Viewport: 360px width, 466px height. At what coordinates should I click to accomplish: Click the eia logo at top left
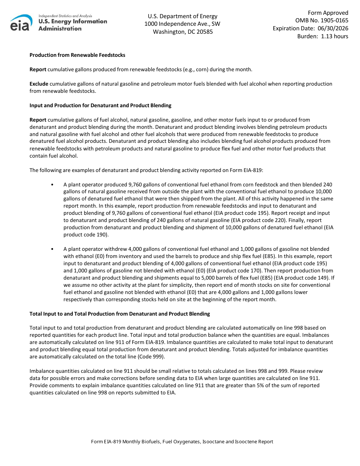tap(21, 23)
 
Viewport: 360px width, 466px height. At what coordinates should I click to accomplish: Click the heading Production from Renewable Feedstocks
tap(77, 55)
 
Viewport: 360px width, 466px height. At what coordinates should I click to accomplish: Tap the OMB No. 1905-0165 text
tap(322, 20)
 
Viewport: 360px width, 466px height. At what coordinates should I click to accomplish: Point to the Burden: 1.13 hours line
tap(322, 36)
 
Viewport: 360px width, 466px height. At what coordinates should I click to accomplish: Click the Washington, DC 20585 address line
tap(183, 32)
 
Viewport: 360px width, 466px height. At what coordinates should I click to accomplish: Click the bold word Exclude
tap(39, 84)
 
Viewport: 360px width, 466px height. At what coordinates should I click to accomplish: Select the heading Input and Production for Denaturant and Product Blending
tap(100, 105)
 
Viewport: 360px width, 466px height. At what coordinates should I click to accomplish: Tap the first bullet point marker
tap(52, 185)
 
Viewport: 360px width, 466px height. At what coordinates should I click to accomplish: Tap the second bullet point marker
tap(52, 249)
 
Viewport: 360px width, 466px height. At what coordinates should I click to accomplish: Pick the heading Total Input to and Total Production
tap(120, 314)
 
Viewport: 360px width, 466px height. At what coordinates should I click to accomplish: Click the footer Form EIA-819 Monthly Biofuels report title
tap(182, 442)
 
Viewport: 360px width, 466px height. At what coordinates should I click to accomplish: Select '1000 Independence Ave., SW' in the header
tap(182, 24)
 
